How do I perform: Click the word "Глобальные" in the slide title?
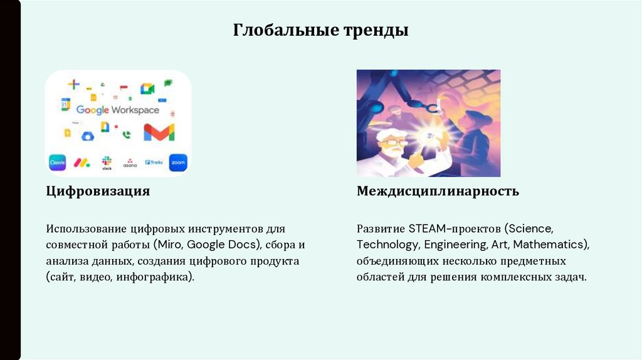pos(276,29)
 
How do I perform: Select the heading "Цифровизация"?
pos(97,191)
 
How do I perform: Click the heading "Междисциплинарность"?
pos(438,191)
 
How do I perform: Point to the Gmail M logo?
pos(159,132)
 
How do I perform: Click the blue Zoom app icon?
pos(178,162)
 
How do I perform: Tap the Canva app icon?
pos(58,162)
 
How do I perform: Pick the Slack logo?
pos(107,162)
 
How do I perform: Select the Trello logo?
pos(154,162)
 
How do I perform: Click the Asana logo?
pos(130,162)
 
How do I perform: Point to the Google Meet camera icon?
pos(147,88)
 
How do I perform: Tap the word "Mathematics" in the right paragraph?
pos(553,244)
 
